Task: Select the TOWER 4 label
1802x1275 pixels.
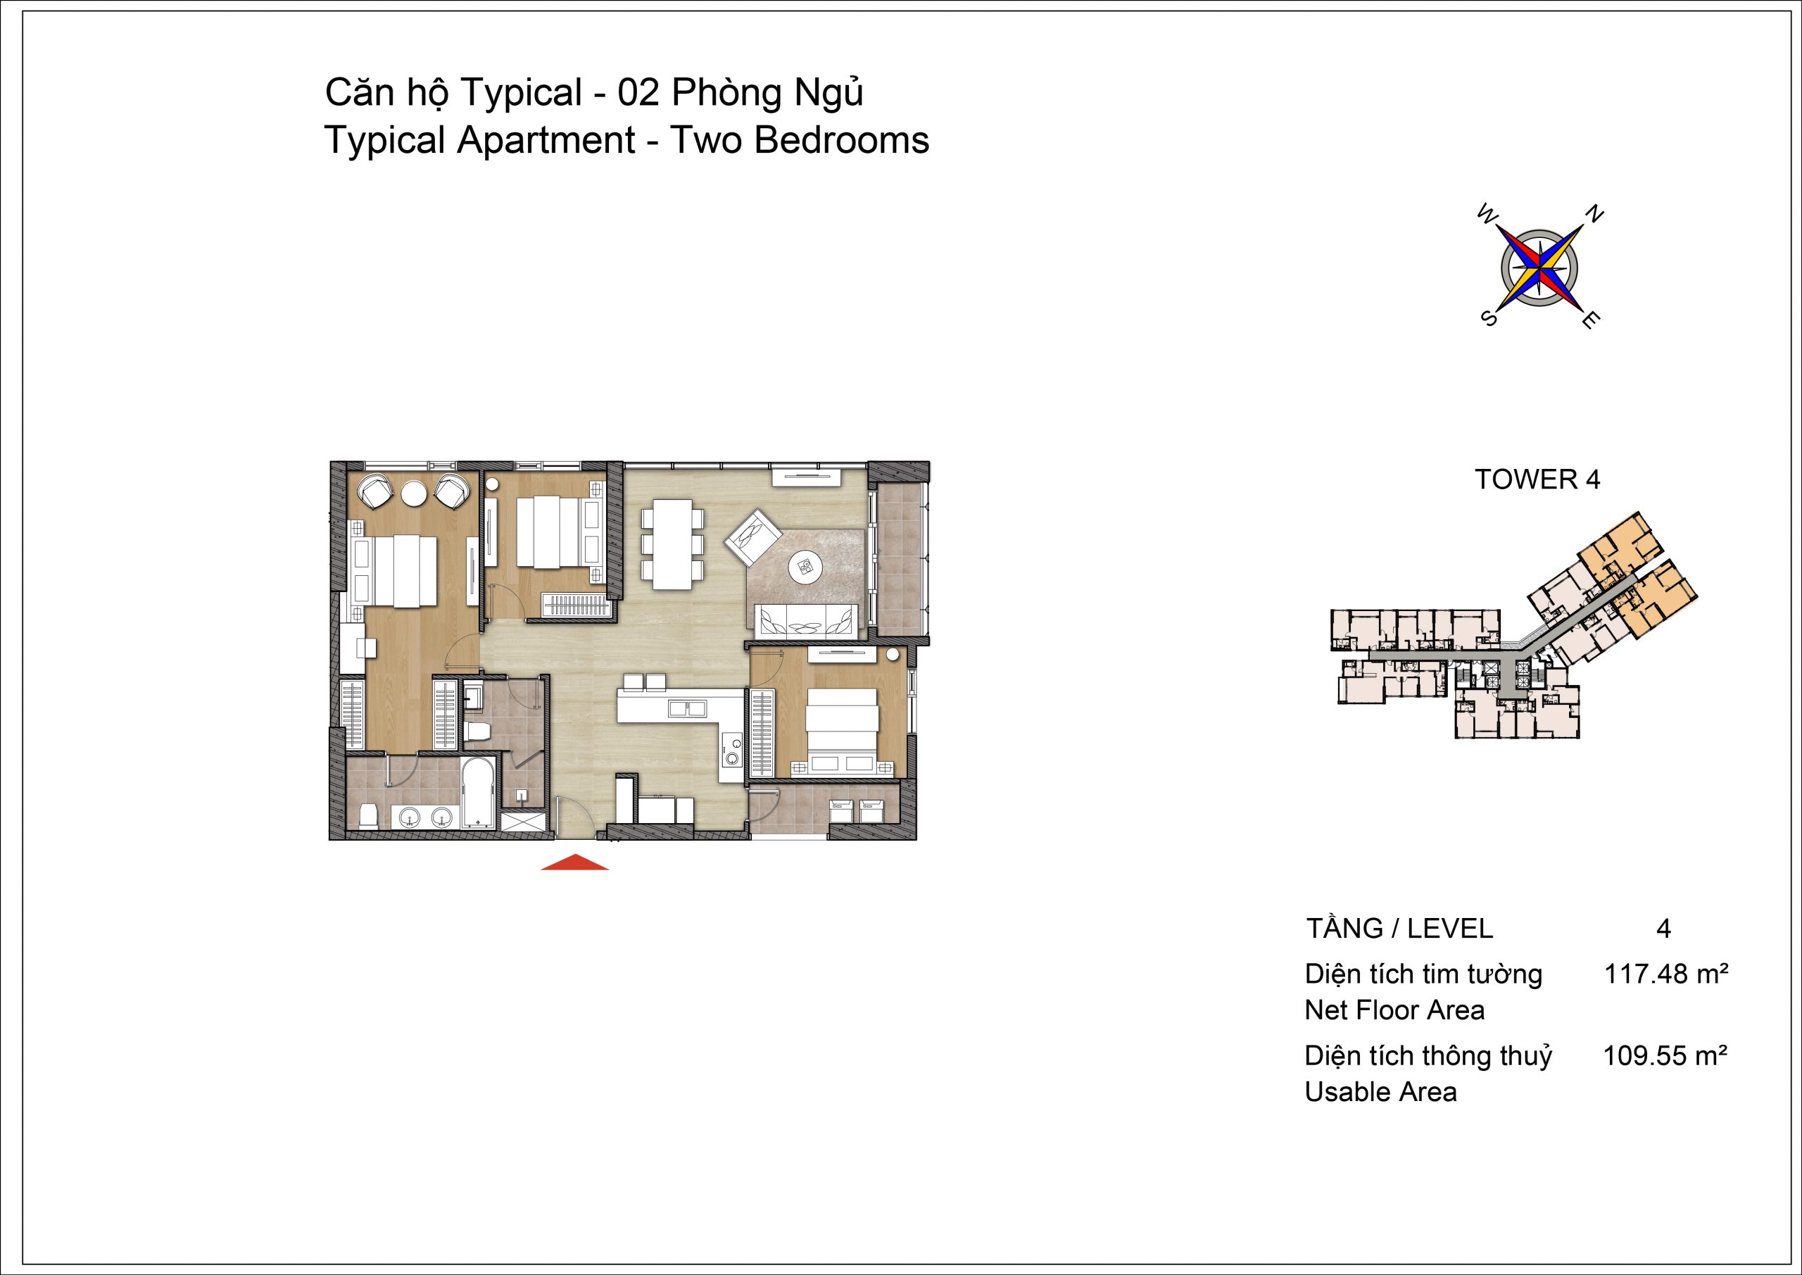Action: pos(1537,479)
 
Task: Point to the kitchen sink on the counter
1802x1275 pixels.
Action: pos(688,708)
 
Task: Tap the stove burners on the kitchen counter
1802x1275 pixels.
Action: pos(731,748)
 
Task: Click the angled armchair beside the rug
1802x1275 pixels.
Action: pos(753,537)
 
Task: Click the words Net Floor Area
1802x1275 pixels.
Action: pos(1394,1010)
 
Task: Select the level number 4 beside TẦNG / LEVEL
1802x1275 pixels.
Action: pos(1664,929)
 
